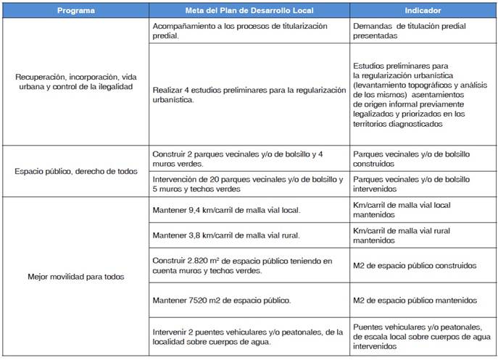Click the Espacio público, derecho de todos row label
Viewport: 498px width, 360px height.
click(x=75, y=171)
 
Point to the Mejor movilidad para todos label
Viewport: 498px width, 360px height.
click(x=75, y=276)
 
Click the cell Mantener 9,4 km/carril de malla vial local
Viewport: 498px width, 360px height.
click(x=226, y=210)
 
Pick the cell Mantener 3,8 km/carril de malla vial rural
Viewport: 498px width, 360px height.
click(x=226, y=235)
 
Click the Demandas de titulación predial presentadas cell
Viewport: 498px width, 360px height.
click(x=409, y=30)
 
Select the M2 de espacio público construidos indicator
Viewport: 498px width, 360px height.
click(x=415, y=265)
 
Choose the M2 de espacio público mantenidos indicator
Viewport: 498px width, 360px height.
click(x=415, y=300)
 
